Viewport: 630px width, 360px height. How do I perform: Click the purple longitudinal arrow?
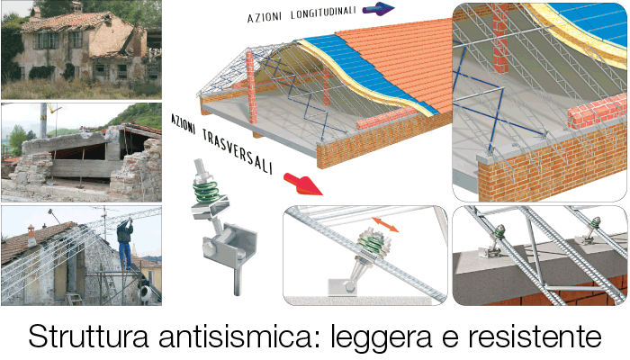point(378,8)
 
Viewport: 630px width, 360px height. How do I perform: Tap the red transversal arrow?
point(302,184)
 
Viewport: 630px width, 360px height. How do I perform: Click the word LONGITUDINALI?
point(323,13)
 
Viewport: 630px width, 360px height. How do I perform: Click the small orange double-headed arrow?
point(385,225)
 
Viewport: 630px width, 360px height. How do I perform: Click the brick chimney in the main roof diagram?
point(251,87)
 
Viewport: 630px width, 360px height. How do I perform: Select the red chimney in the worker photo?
point(31,236)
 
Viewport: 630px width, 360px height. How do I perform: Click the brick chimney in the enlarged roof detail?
point(500,39)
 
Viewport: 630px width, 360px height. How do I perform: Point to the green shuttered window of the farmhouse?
point(48,40)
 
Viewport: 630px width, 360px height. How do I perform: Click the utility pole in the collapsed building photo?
point(43,121)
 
